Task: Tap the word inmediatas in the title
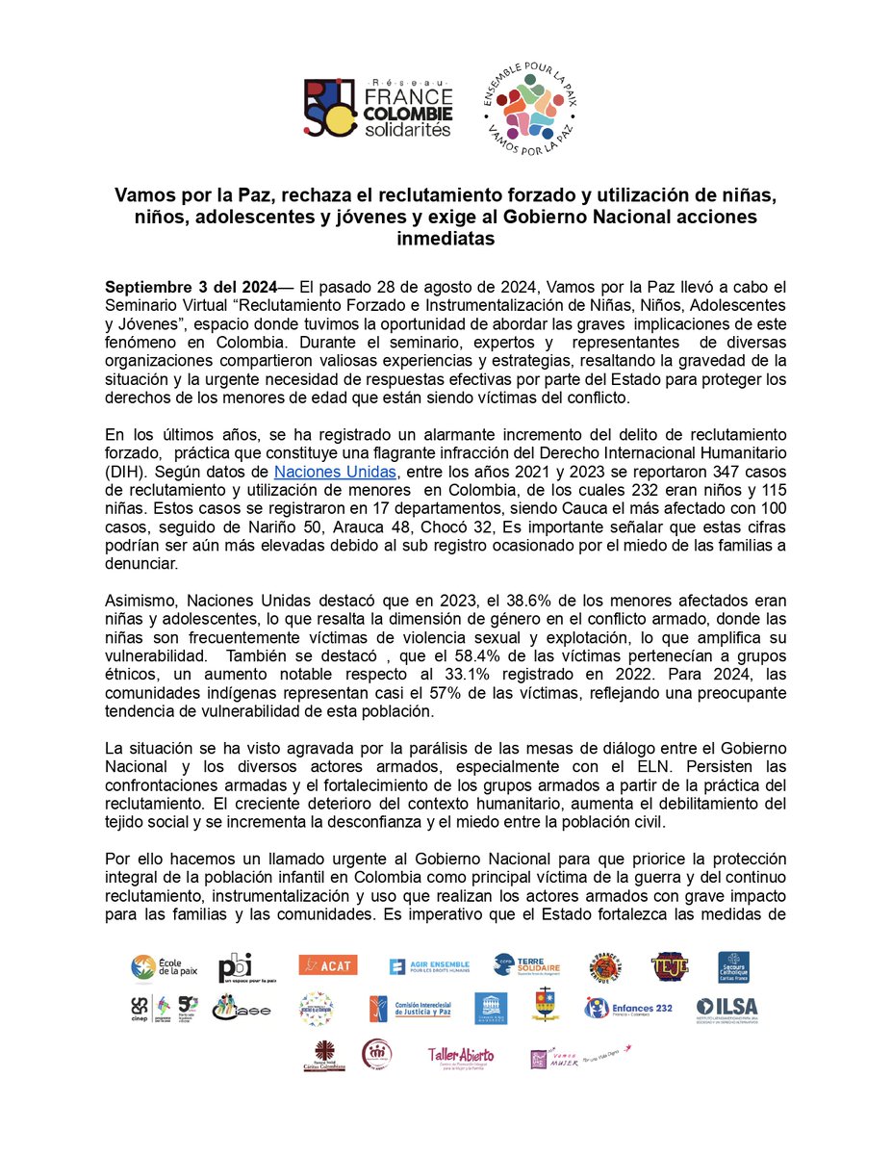446,239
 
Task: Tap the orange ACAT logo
326,964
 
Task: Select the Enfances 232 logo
629,1008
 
